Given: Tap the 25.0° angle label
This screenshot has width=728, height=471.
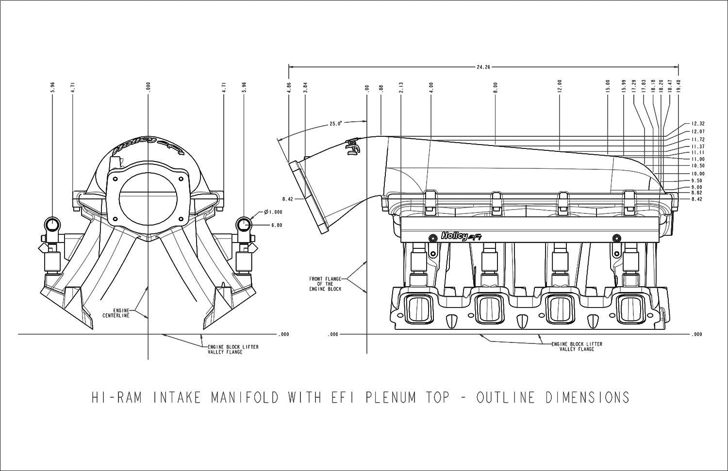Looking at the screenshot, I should tap(336, 123).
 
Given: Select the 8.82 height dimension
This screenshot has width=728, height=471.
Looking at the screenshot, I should tap(697, 193).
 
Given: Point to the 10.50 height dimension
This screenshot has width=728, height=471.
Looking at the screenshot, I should tap(697, 166).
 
